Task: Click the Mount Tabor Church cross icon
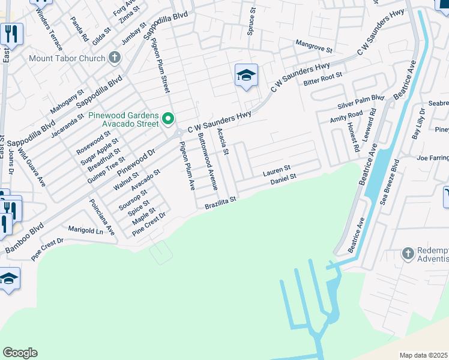114,58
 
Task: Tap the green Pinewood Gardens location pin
169,120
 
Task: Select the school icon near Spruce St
246,76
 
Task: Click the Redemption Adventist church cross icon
408,253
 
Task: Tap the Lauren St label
277,171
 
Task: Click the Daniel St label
283,179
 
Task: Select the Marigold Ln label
86,231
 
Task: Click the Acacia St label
223,142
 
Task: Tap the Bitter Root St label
322,78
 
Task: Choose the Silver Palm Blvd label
361,100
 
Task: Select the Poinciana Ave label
101,217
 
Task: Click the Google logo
20,353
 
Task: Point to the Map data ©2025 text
423,355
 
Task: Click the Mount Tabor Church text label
66,59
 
